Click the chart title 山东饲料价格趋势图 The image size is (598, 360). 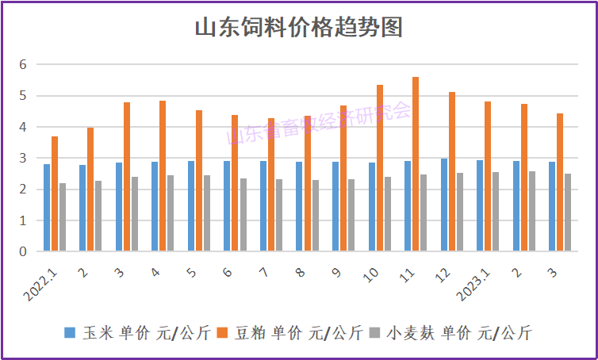(x=299, y=28)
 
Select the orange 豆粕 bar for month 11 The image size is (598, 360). (x=416, y=164)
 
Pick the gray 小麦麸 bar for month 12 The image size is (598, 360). (x=460, y=212)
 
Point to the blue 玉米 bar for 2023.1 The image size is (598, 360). (x=480, y=206)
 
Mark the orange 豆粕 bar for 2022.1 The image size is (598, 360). (x=55, y=194)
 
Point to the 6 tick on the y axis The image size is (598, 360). (x=23, y=64)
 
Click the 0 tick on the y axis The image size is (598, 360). (x=23, y=251)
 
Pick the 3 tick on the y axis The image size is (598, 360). (x=23, y=158)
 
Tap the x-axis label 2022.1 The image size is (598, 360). (x=44, y=281)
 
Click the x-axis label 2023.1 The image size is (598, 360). (x=477, y=281)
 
